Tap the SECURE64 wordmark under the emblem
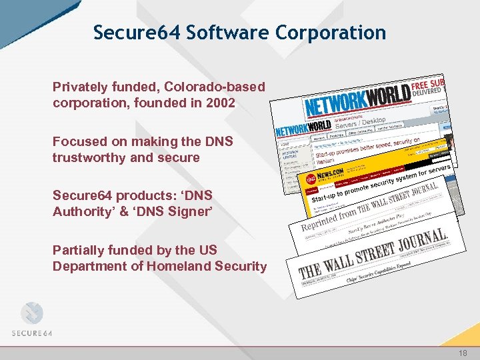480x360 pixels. point(31,333)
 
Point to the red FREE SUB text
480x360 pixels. point(429,86)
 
